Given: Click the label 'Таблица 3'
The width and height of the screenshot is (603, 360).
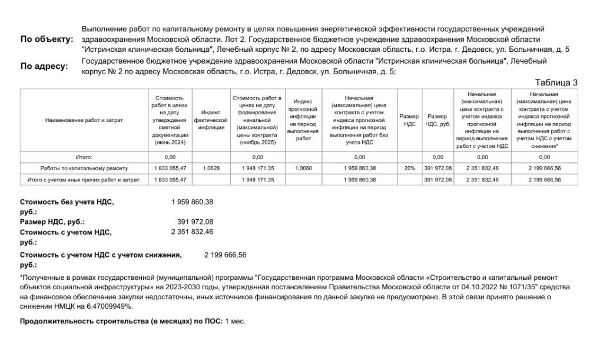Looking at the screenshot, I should (x=556, y=82).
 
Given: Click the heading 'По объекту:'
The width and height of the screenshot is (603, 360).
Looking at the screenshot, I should (x=47, y=39).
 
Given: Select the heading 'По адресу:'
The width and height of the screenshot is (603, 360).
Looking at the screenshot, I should (x=44, y=66).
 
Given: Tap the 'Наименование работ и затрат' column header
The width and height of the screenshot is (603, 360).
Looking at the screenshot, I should (x=84, y=120).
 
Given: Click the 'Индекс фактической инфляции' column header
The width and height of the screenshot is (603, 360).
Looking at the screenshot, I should (x=210, y=120).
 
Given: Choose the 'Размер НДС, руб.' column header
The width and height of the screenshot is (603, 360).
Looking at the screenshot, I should (x=438, y=120).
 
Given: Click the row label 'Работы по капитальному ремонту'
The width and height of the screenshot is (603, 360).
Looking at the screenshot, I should (x=84, y=169).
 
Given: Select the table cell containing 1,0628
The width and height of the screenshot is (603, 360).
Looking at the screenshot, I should (x=210, y=169).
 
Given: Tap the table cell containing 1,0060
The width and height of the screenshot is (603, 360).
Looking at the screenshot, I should (x=303, y=169).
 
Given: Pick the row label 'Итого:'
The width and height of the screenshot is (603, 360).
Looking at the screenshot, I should (x=84, y=157).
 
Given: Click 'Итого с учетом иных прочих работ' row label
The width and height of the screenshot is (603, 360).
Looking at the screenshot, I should (x=84, y=180).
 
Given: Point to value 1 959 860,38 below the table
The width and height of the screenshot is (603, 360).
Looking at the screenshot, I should (x=192, y=202).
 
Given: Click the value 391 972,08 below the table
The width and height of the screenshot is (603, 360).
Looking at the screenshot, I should (x=195, y=222).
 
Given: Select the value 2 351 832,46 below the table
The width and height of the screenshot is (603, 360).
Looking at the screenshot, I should (x=192, y=232).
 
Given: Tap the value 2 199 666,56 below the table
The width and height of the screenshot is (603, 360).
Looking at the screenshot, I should (x=225, y=255).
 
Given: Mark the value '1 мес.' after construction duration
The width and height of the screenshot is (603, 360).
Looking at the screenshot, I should (x=235, y=321).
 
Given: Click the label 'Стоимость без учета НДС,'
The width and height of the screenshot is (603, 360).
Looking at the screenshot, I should (x=67, y=202).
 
